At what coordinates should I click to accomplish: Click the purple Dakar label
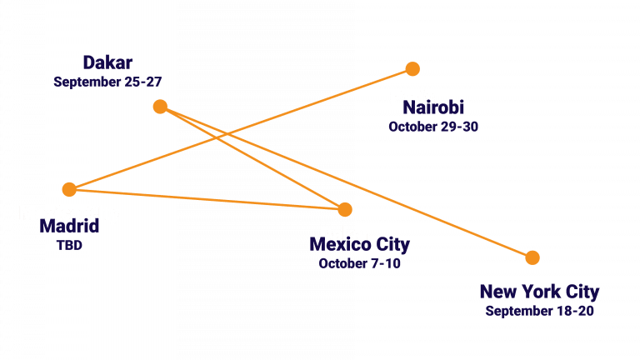pos(107,63)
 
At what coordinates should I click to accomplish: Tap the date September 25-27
pos(107,82)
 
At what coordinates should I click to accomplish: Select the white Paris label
pos(412,97)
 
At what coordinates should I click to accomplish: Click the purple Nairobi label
pos(433,108)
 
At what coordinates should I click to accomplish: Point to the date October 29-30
pos(433,127)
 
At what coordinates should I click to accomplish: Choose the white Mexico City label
pos(69,213)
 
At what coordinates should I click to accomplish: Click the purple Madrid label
pos(69,227)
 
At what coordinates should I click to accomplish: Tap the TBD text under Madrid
pos(69,245)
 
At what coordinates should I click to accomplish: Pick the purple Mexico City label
pos(360,245)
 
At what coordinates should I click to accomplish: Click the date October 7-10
pos(360,263)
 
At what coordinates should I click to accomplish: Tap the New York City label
pos(539,292)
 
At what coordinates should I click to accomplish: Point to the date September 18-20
pos(539,311)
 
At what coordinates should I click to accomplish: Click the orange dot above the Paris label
pos(412,68)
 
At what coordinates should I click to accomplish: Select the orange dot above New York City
pos(532,257)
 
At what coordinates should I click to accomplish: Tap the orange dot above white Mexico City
pos(69,189)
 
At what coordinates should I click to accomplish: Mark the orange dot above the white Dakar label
pos(345,209)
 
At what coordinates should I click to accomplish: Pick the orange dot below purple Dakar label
pos(160,107)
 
